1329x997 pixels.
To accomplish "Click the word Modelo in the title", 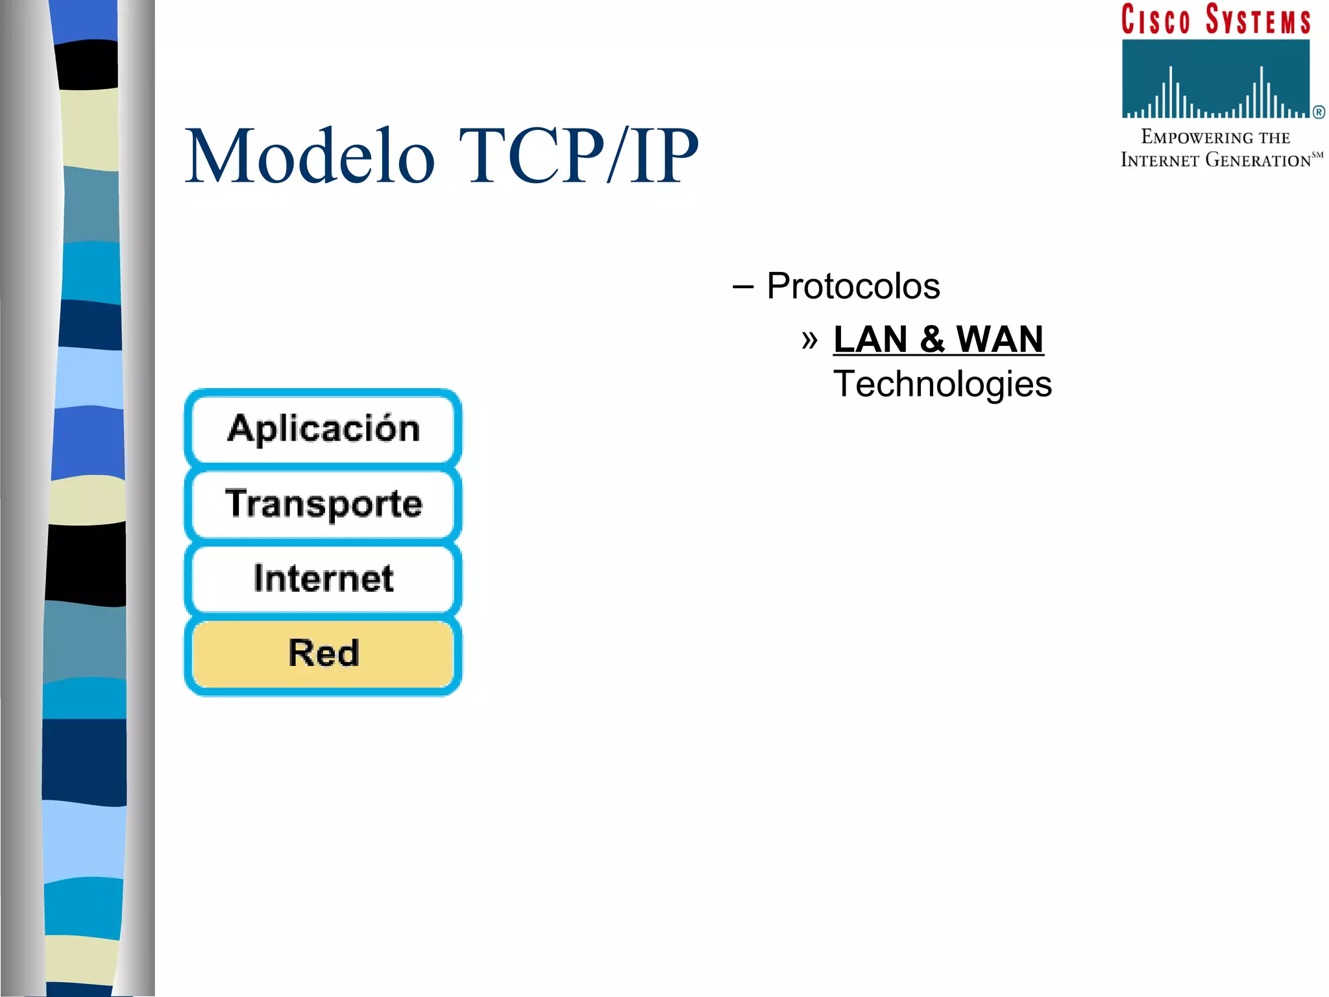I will (310, 157).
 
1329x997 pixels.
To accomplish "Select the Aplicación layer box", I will (323, 429).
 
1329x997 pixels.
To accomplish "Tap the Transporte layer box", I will (323, 504).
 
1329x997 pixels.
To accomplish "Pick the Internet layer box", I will (323, 578).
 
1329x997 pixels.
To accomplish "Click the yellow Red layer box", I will (323, 653).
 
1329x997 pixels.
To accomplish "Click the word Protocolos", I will (853, 286).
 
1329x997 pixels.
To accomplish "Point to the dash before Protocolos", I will (743, 287).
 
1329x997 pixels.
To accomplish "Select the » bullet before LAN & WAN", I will (809, 339).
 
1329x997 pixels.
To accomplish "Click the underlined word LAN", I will (870, 339).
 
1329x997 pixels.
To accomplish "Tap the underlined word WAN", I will (999, 339).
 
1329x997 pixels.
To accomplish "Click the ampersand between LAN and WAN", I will (932, 339).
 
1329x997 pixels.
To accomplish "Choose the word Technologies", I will (942, 384).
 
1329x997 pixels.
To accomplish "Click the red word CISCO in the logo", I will (1156, 19).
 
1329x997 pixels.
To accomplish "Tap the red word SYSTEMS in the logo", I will (1258, 19).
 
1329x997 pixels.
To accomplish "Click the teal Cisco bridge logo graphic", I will (1215, 79).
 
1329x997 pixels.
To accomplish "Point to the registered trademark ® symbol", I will (1319, 112).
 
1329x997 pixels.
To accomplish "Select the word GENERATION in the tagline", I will (1258, 160).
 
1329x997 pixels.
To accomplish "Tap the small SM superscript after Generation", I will (1317, 155).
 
